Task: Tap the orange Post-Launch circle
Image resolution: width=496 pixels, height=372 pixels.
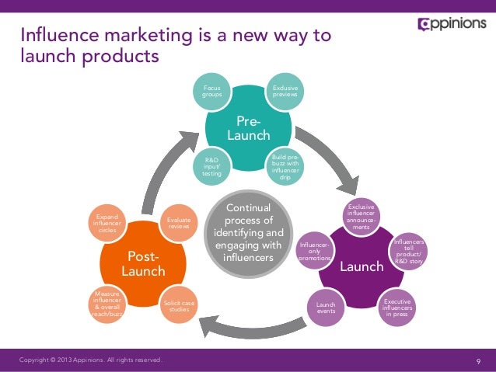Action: pyautogui.click(x=143, y=263)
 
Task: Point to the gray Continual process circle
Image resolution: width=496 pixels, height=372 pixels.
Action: pyautogui.click(x=247, y=233)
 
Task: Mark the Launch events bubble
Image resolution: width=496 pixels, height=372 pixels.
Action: pyautogui.click(x=326, y=307)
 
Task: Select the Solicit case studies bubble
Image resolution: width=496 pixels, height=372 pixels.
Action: pyautogui.click(x=178, y=306)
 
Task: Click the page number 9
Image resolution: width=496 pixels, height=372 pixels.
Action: pyautogui.click(x=478, y=361)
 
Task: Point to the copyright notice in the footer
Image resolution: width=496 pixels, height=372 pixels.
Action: pyautogui.click(x=91, y=360)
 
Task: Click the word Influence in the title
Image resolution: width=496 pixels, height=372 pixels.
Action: pyautogui.click(x=57, y=36)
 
